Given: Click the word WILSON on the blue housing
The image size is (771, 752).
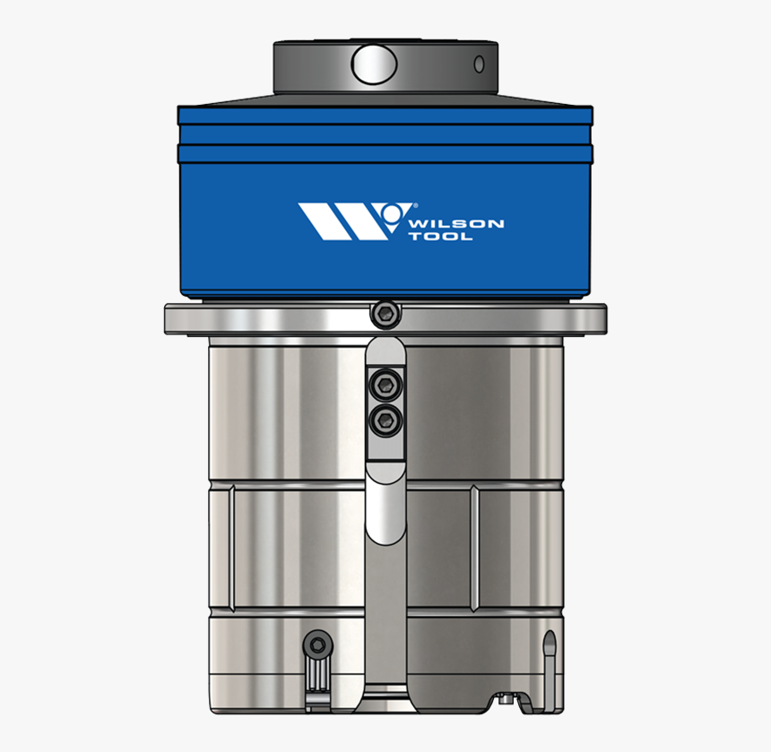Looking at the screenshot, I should [455, 223].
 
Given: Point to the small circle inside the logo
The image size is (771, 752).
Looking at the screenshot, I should [389, 212].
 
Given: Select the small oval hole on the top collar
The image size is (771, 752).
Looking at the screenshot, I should [480, 64].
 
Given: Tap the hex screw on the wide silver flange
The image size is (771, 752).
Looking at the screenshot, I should [385, 313].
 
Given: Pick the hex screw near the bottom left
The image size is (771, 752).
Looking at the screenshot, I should [316, 644].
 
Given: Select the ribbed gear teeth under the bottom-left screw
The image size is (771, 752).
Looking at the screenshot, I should [316, 680].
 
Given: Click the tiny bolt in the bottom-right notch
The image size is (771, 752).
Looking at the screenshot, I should [508, 700].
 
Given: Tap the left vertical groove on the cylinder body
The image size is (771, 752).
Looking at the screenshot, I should [230, 548].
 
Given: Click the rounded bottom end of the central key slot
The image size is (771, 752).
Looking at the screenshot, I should [385, 529].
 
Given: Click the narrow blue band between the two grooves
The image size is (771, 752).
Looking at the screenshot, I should [385, 134].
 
